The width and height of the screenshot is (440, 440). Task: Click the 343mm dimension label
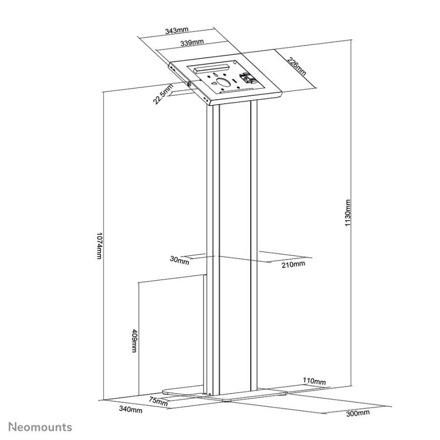coord(176,30)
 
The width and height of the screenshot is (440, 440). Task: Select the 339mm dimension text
coord(192,43)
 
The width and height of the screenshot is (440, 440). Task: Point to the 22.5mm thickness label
coord(163,94)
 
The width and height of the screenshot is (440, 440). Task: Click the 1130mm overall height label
coord(348,213)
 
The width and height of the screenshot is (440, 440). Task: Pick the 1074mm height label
coord(99,245)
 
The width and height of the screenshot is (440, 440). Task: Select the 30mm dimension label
coord(179,261)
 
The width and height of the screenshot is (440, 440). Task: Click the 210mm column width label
coord(293,264)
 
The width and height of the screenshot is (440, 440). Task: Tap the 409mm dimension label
coord(135,340)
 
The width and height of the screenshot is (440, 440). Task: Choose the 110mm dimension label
coord(314,381)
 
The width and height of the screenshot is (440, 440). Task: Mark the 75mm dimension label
coord(158,402)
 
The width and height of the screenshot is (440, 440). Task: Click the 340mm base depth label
coord(131,409)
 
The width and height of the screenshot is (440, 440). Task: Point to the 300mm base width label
coord(358,413)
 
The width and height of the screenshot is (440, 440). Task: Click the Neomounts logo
coord(40,427)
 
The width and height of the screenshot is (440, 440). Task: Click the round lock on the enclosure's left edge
coord(188,84)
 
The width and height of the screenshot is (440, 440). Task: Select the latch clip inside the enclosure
coord(247,79)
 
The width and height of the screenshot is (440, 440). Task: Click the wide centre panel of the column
coord(235,247)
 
